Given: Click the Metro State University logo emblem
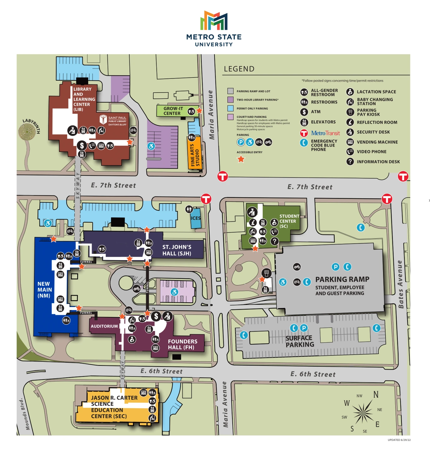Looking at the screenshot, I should pos(214,21).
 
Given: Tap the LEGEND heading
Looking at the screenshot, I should pos(239,69).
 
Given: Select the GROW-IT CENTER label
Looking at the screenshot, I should pos(173,111).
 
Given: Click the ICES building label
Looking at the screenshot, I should pos(196,218).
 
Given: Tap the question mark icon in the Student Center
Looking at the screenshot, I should pos(274,241).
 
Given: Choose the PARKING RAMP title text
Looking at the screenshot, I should pos(342,279).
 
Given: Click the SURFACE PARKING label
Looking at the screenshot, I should pos(300,341).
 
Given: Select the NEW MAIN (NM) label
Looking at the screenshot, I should pos(44,290).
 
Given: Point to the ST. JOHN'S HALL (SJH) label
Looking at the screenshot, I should pos(177,250).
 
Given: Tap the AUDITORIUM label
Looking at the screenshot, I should pos(104,326).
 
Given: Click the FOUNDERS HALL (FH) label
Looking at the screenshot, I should pos(182,344).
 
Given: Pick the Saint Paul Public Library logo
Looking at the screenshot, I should pos(113,120).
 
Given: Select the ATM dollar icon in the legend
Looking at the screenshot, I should pos(304,112).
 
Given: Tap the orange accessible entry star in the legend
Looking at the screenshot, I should pos(241,159).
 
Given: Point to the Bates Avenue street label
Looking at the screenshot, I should pos(401,284).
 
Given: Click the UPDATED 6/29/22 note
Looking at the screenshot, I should pos(399,440).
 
